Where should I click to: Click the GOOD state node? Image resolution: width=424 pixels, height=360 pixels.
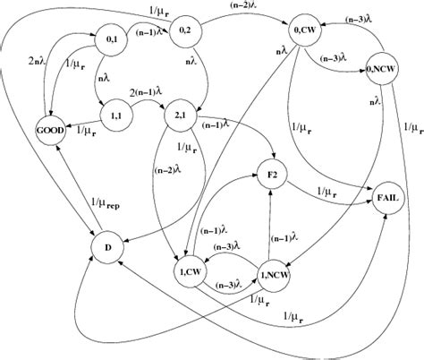tap(55, 129)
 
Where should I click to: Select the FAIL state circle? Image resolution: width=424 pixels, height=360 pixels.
tap(387, 199)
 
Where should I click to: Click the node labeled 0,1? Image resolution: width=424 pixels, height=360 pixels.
tap(86, 41)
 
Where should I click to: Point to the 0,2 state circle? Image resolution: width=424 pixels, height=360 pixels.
tap(183, 31)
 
